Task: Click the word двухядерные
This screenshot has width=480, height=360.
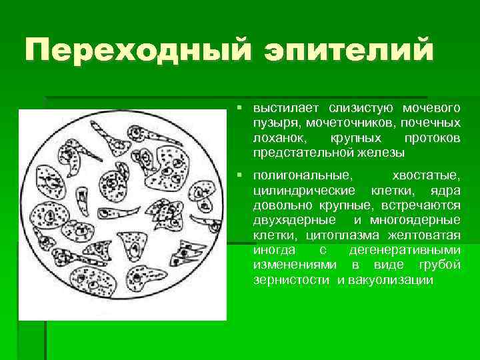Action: coord(291,220)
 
